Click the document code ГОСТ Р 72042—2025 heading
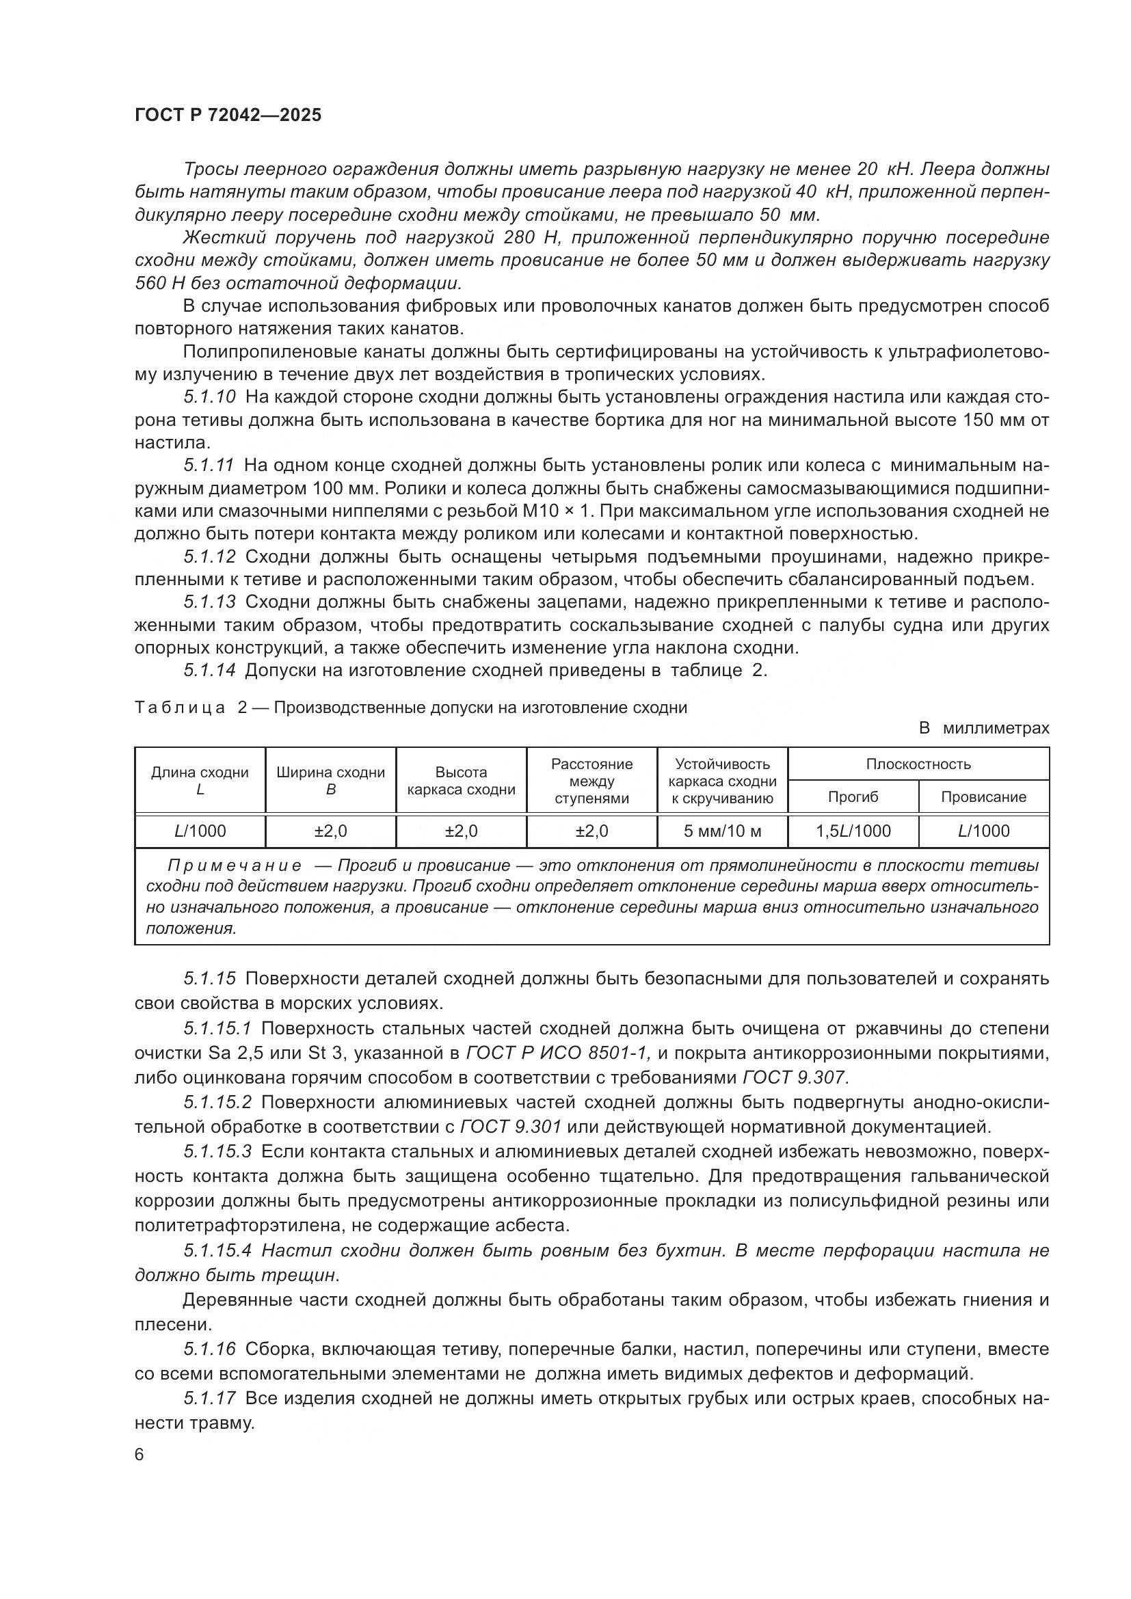coord(228,116)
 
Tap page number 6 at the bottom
coord(139,1455)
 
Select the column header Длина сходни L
coord(200,780)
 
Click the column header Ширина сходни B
coord(331,780)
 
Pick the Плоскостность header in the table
coord(918,764)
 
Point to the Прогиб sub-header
coord(853,796)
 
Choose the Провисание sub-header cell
coord(983,796)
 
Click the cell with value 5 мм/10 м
coord(722,831)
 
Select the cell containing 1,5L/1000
coord(853,831)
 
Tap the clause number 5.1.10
coord(210,397)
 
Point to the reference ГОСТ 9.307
coord(793,1077)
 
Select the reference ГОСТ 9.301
coord(511,1126)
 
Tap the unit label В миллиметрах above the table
coord(983,729)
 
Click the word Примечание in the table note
coord(234,865)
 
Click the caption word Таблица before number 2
coord(180,708)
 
